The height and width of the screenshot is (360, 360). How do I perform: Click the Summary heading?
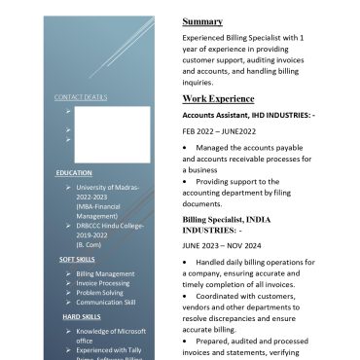pyautogui.click(x=202, y=21)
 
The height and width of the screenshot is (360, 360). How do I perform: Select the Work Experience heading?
pyautogui.click(x=218, y=99)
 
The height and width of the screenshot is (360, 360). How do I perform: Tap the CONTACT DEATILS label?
pyautogui.click(x=81, y=97)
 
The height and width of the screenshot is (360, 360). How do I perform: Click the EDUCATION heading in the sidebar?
pyautogui.click(x=74, y=172)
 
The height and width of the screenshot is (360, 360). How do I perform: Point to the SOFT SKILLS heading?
pyautogui.click(x=77, y=260)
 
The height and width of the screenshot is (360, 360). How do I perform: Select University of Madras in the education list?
pyautogui.click(x=108, y=186)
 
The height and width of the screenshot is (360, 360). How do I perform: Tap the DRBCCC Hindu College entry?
pyautogui.click(x=110, y=225)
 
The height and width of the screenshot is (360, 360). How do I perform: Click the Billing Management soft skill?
pyautogui.click(x=105, y=274)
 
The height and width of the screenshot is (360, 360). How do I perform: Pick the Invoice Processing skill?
pyautogui.click(x=102, y=283)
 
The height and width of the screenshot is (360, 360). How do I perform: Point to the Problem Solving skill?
pyautogui.click(x=99, y=293)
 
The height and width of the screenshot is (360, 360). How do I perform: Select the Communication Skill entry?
pyautogui.click(x=105, y=303)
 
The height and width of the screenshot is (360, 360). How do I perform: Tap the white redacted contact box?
pyautogui.click(x=112, y=134)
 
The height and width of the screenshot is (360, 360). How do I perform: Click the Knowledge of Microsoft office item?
pyautogui.click(x=110, y=332)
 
